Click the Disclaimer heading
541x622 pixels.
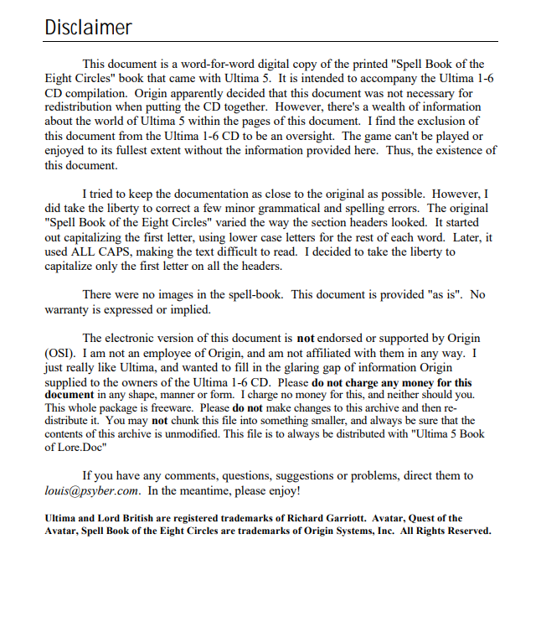[x=88, y=27]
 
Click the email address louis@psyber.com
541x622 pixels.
[x=91, y=490]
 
